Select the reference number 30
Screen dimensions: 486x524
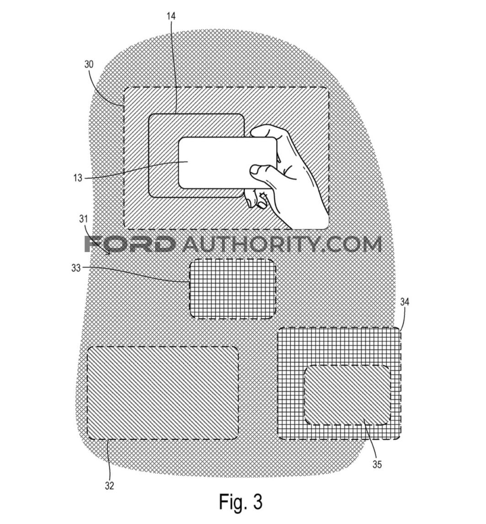click(x=89, y=64)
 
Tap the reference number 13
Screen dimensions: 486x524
click(x=78, y=178)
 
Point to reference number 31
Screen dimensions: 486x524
click(x=83, y=219)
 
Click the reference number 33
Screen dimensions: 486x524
click(x=76, y=267)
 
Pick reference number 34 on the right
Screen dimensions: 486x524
click(x=405, y=302)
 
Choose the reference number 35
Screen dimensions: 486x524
click(x=377, y=465)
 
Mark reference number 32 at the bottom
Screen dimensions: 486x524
click(x=109, y=486)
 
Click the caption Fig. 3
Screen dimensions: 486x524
click(x=240, y=502)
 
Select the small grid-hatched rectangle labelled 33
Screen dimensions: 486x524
click(x=233, y=289)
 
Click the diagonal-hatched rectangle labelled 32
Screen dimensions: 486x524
click(x=163, y=393)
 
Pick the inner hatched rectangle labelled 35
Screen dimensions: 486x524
click(x=347, y=395)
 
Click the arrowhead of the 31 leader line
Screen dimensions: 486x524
click(x=108, y=253)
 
